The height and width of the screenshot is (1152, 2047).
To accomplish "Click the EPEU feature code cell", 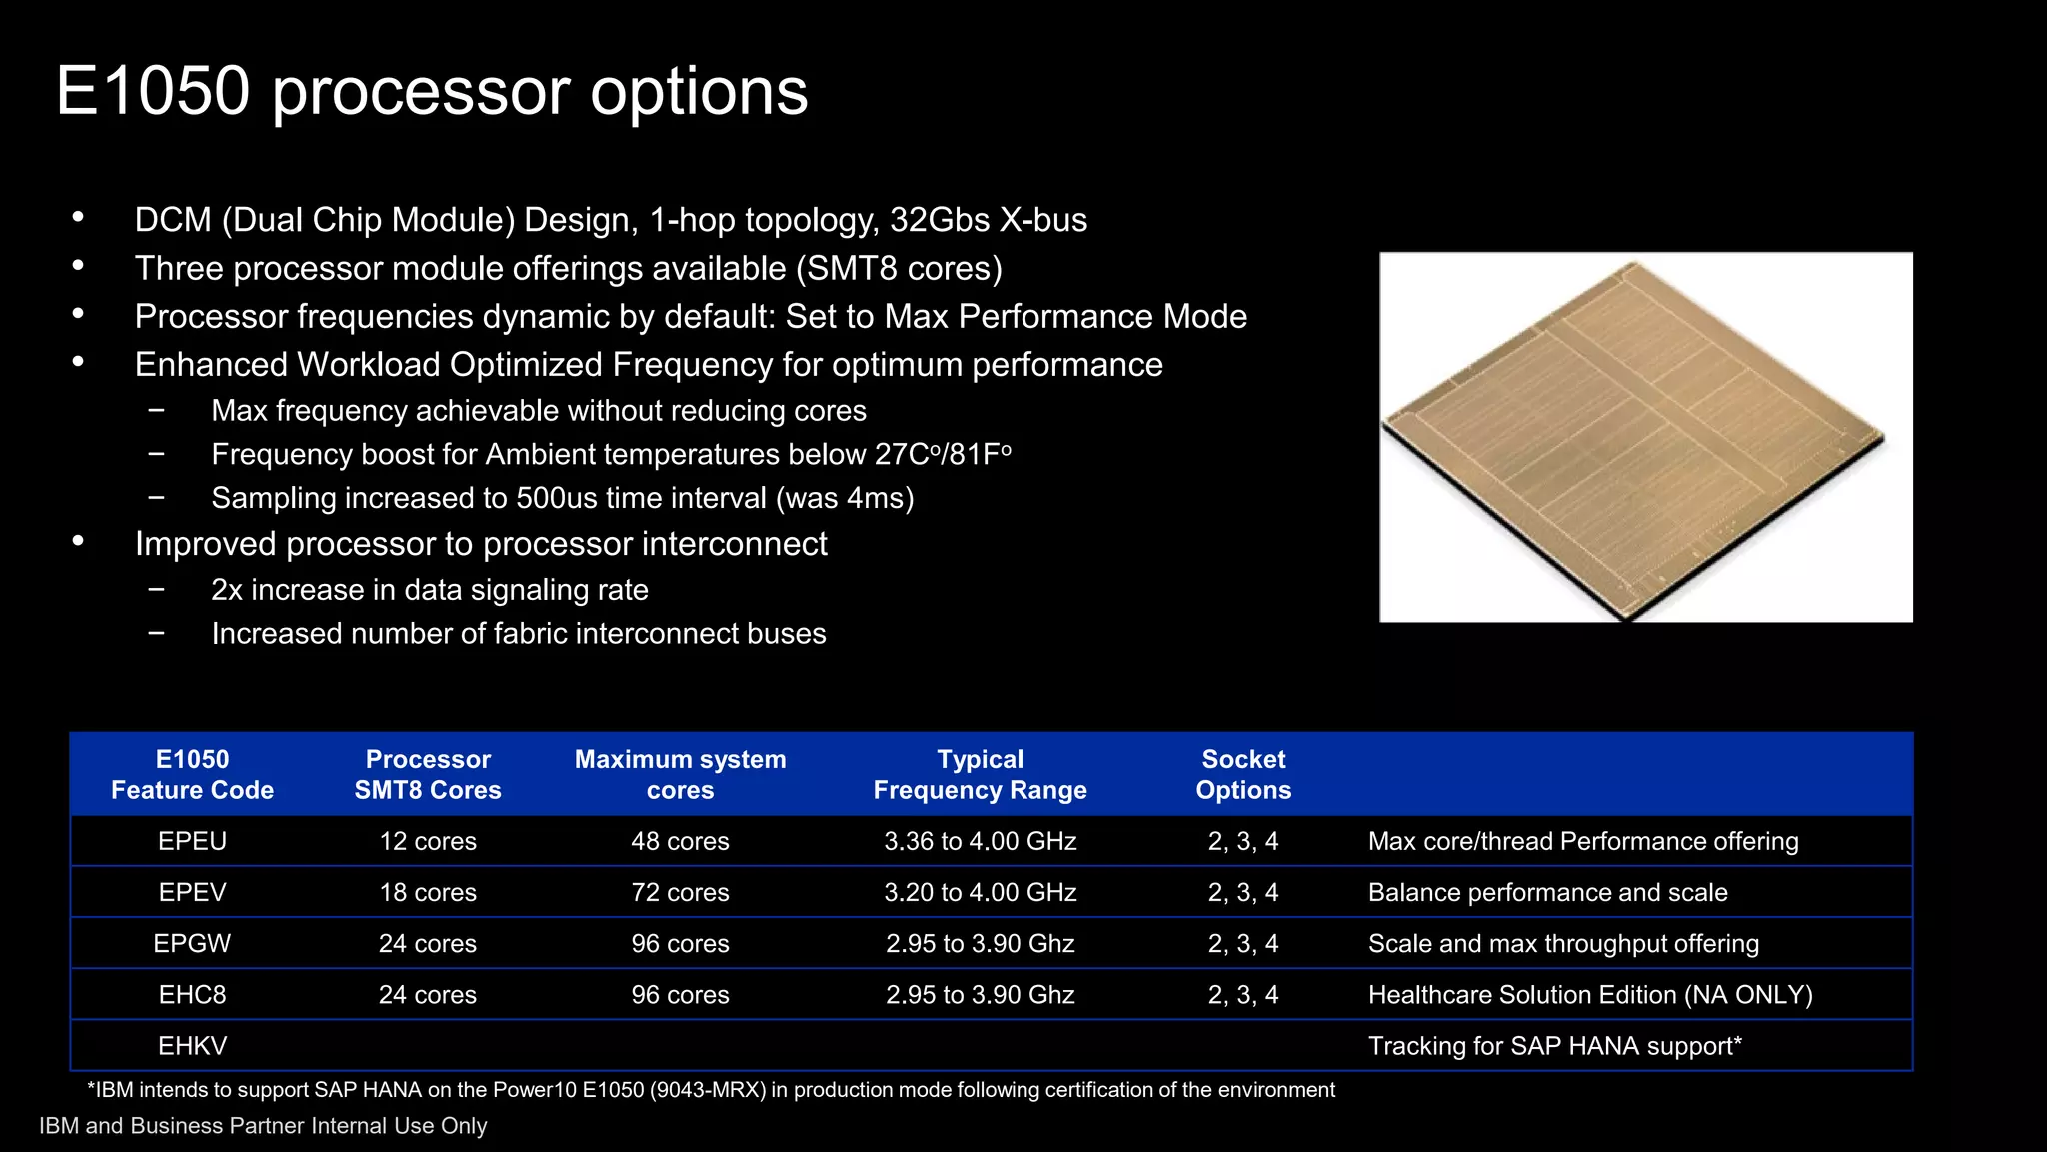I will (x=192, y=841).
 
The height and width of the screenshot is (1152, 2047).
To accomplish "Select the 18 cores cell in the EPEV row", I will (x=428, y=892).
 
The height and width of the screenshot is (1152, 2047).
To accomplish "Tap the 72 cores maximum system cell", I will (x=680, y=892).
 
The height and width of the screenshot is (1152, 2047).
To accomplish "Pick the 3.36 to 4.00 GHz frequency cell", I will (x=980, y=841).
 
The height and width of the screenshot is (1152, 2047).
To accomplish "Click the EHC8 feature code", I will (x=192, y=995).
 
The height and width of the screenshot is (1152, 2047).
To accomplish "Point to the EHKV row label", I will (x=192, y=1046).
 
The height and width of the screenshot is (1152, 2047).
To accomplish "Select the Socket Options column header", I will (x=1243, y=774).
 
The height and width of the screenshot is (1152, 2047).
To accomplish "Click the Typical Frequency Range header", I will (x=980, y=774).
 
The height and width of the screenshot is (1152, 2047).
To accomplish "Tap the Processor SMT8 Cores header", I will (x=428, y=774).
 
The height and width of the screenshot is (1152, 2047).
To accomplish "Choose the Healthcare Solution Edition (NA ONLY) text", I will (x=1589, y=995).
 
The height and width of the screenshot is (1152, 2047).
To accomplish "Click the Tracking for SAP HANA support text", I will (x=1554, y=1046).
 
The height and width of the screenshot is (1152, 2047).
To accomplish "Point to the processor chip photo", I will (x=1645, y=437).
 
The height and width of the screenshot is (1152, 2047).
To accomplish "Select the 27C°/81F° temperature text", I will (x=943, y=454).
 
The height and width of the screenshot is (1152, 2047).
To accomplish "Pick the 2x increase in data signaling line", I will (x=430, y=590).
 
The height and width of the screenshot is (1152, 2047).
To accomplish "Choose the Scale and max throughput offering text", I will (x=1563, y=943).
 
